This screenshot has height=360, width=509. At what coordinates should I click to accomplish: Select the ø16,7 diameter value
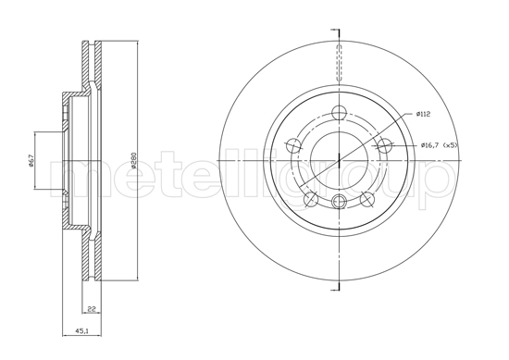coord(429,145)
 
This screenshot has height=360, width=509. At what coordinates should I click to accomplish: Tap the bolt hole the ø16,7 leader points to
coord(385,145)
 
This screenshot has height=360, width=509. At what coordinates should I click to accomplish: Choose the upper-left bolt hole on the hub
coord(294,145)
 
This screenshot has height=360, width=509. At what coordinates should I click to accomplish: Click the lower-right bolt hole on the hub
coord(366,197)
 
